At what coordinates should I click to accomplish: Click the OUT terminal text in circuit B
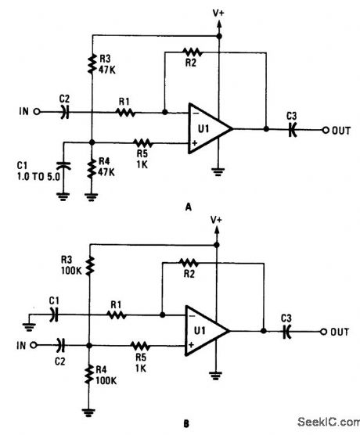click(x=339, y=332)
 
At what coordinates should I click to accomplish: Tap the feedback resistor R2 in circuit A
click(x=191, y=52)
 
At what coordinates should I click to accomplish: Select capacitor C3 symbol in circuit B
click(x=289, y=332)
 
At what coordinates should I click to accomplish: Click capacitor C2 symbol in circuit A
click(x=65, y=112)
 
